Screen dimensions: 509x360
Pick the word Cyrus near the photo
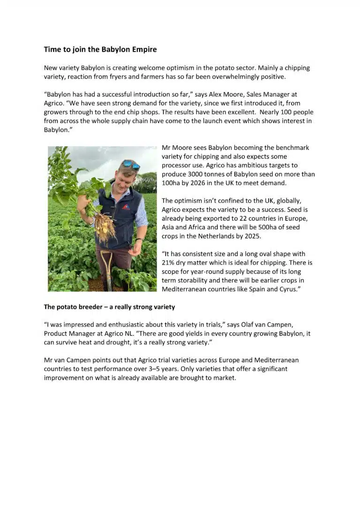coord(287,289)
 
